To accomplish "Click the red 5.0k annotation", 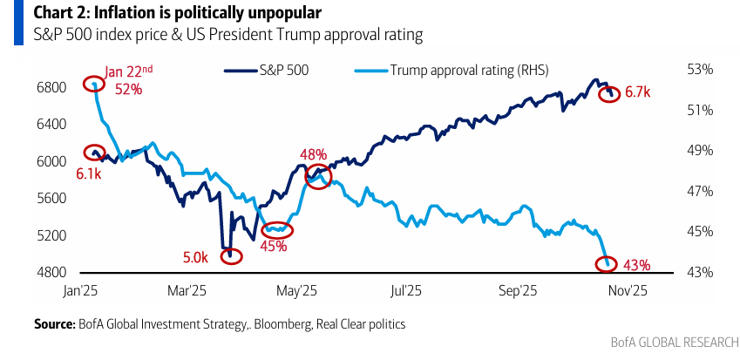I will pyautogui.click(x=194, y=258).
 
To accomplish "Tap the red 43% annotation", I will pyautogui.click(x=636, y=264).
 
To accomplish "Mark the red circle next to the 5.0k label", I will pyautogui.click(x=231, y=256).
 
